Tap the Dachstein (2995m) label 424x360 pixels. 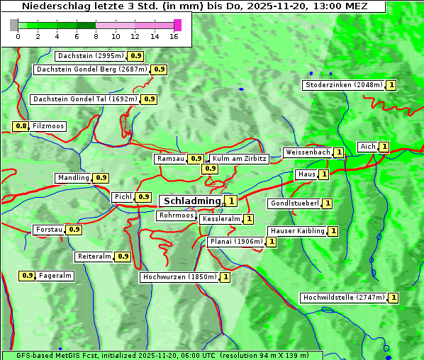pyautogui.click(x=90, y=55)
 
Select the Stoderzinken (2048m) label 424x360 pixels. pyautogui.click(x=343, y=85)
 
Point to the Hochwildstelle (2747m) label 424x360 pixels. pyautogui.click(x=343, y=298)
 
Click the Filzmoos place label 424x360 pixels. pyautogui.click(x=48, y=126)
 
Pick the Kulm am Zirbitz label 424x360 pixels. pyautogui.click(x=239, y=159)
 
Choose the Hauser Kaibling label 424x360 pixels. pyautogui.click(x=297, y=231)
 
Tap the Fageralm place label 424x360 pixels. pyautogui.click(x=55, y=276)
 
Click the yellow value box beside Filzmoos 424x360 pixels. pyautogui.click(x=21, y=126)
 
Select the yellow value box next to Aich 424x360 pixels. pyautogui.click(x=384, y=147)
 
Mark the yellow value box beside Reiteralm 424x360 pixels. pyautogui.click(x=123, y=257)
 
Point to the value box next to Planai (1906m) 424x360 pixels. pyautogui.click(x=271, y=242)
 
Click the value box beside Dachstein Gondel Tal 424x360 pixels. pyautogui.click(x=149, y=99)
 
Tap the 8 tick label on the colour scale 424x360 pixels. pyautogui.click(x=96, y=37)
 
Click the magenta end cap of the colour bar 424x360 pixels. pyautogui.click(x=177, y=25)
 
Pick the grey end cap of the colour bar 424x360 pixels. pyautogui.click(x=14, y=25)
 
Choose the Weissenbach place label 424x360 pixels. pyautogui.click(x=307, y=152)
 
